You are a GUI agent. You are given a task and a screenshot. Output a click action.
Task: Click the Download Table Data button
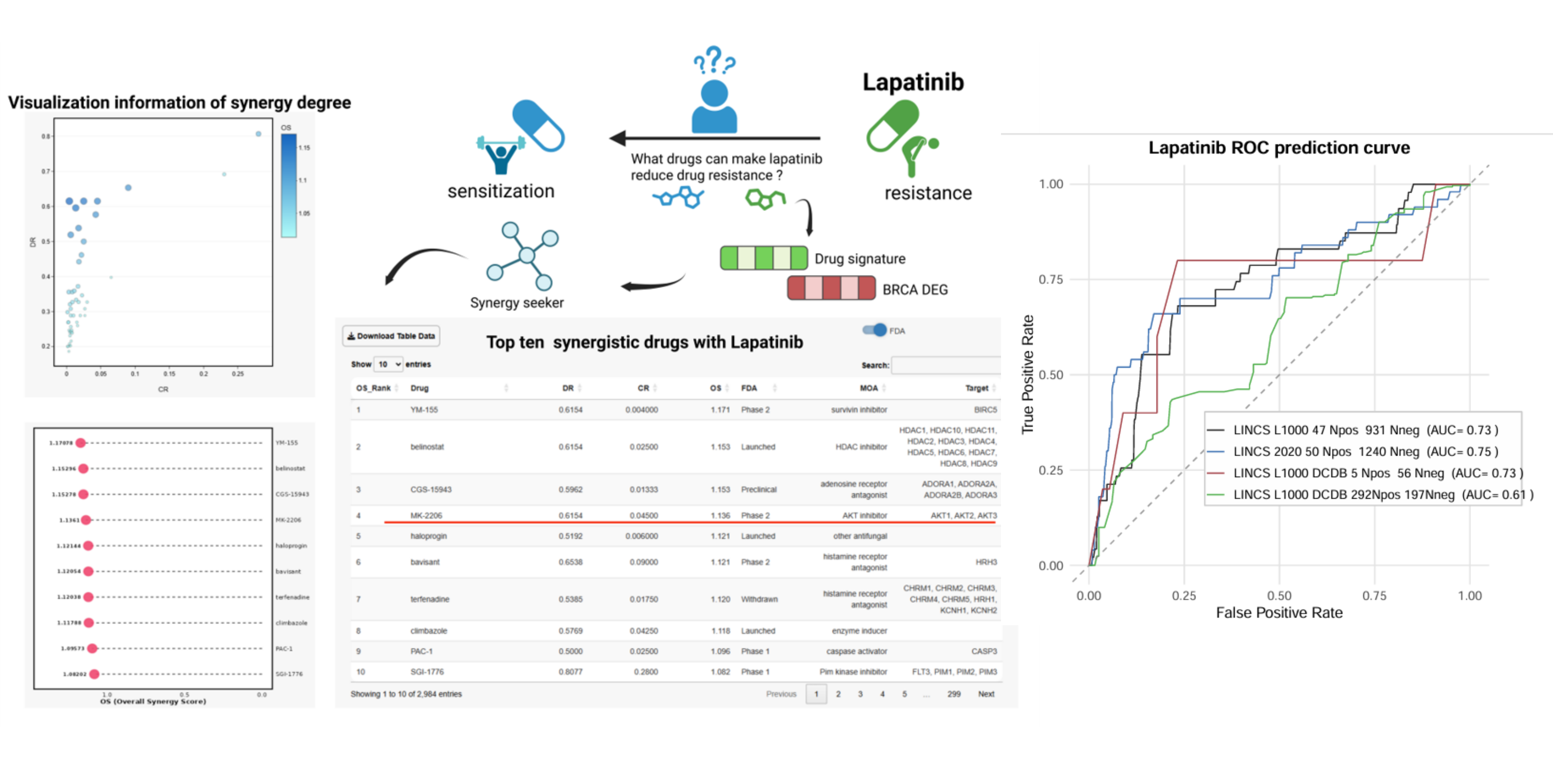(x=391, y=336)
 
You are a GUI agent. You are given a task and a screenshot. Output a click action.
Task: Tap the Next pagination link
(x=986, y=694)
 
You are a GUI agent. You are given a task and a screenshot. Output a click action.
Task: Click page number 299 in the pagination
(x=954, y=694)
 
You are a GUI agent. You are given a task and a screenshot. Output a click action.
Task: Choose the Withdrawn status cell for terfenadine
(x=759, y=599)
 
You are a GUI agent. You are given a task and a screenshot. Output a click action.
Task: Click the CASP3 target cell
(x=984, y=651)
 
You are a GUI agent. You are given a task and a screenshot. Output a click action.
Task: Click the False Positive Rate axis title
(x=1279, y=613)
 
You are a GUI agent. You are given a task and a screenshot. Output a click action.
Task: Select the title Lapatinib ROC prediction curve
(x=1279, y=148)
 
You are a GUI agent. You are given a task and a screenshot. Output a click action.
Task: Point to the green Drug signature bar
(x=764, y=258)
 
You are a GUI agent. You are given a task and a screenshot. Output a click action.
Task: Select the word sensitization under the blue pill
(x=500, y=191)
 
